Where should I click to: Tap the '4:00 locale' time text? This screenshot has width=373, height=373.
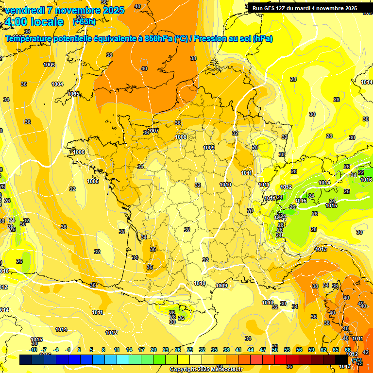(x=34, y=22)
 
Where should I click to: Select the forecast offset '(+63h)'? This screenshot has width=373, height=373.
(x=84, y=22)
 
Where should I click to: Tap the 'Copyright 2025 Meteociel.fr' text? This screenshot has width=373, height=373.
(x=206, y=369)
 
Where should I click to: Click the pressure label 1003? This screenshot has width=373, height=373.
(x=49, y=65)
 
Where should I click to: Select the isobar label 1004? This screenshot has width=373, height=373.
(x=57, y=84)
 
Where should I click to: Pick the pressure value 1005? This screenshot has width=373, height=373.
(x=74, y=94)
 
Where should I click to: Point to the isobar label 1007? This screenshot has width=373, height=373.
(x=154, y=131)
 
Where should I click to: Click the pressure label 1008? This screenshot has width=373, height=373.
(x=181, y=137)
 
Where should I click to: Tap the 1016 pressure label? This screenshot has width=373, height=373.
(x=367, y=180)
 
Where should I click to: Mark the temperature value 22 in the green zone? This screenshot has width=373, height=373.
(x=361, y=172)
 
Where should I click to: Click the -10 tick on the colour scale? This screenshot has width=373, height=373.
(x=34, y=350)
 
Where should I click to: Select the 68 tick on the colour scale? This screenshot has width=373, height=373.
(x=348, y=350)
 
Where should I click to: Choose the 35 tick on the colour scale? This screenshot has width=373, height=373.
(x=214, y=350)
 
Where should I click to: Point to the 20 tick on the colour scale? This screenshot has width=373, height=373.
(x=153, y=350)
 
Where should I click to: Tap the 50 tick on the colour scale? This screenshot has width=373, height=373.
(x=275, y=350)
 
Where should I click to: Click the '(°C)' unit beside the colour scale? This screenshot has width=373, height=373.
(x=357, y=361)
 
